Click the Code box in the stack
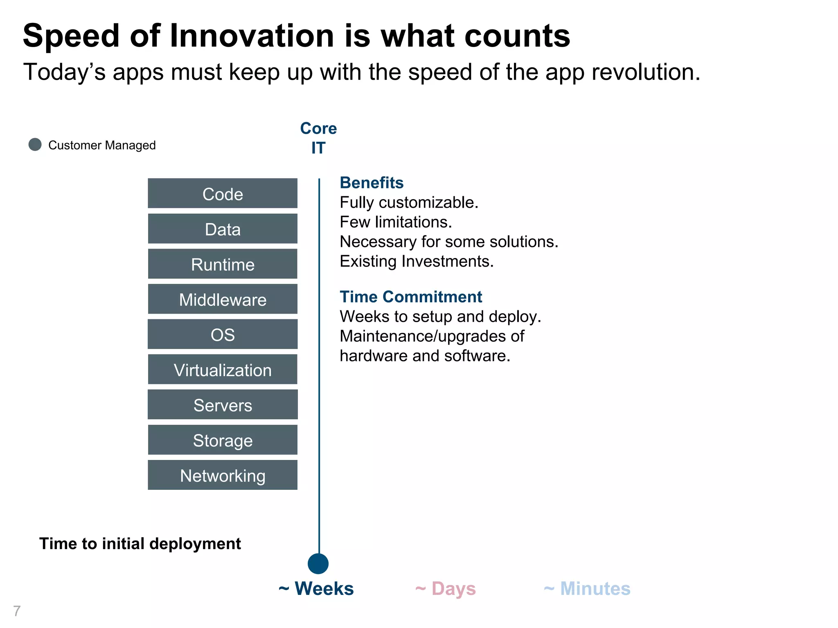[x=223, y=193]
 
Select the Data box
[x=223, y=229]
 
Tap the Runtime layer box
[x=223, y=264]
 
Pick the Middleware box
[x=223, y=299]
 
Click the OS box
[x=223, y=334]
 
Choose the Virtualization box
[x=223, y=370]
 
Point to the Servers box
[x=223, y=405]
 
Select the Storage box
[x=223, y=440]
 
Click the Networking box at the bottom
[x=223, y=475]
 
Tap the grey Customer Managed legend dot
[x=35, y=144]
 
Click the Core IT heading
[x=318, y=138]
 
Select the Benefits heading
[x=372, y=183]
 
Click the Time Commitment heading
[x=411, y=297]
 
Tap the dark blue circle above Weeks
[x=318, y=564]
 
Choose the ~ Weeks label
[x=316, y=589]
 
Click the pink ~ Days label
[x=446, y=589]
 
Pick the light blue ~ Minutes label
[x=587, y=589]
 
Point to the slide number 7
[x=17, y=611]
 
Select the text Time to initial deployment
[x=140, y=544]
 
